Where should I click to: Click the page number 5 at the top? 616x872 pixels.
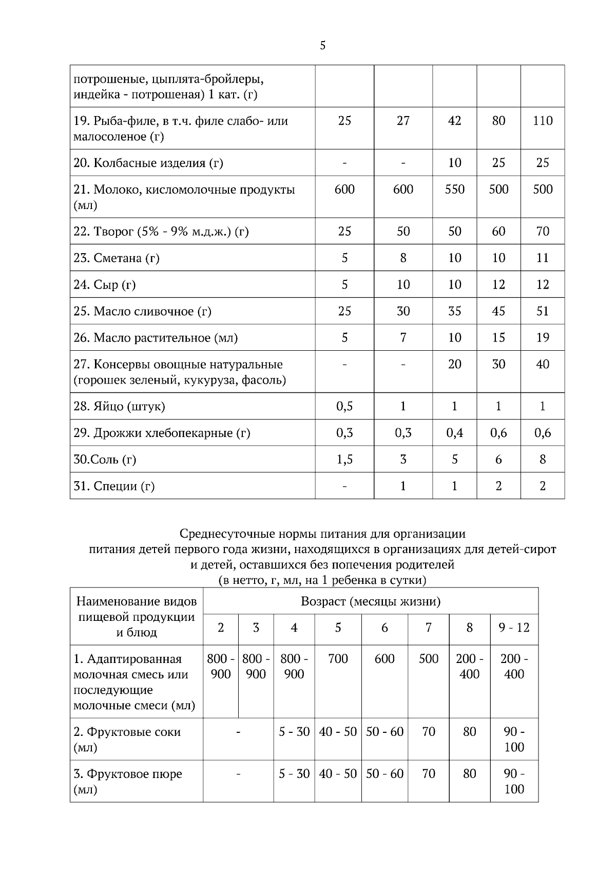[x=322, y=46]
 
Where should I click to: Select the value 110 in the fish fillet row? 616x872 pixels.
[x=543, y=121]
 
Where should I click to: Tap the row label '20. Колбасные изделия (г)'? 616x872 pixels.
[x=148, y=163]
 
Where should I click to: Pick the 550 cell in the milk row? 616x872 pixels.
[x=454, y=189]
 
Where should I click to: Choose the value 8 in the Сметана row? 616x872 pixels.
[x=403, y=258]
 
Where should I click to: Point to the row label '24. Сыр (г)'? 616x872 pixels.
[x=105, y=285]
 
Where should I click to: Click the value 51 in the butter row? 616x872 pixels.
[x=543, y=311]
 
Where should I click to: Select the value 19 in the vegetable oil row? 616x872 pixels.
[x=543, y=338]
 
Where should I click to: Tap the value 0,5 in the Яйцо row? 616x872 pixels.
[x=344, y=407]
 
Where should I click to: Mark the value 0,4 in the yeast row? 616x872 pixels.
[x=454, y=433]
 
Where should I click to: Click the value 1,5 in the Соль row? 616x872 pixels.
[x=344, y=460]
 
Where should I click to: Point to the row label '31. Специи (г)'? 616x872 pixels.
[x=114, y=486]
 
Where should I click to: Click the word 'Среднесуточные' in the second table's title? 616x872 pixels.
[x=224, y=534]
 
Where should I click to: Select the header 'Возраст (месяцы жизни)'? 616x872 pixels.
[x=371, y=601]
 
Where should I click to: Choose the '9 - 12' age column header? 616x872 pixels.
[x=514, y=628]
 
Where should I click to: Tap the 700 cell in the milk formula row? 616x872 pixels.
[x=338, y=659]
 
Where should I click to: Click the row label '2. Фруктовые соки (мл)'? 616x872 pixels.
[x=127, y=740]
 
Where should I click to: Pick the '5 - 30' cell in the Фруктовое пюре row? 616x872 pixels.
[x=294, y=774]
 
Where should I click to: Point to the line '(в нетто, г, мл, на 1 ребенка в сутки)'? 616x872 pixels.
[x=322, y=580]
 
